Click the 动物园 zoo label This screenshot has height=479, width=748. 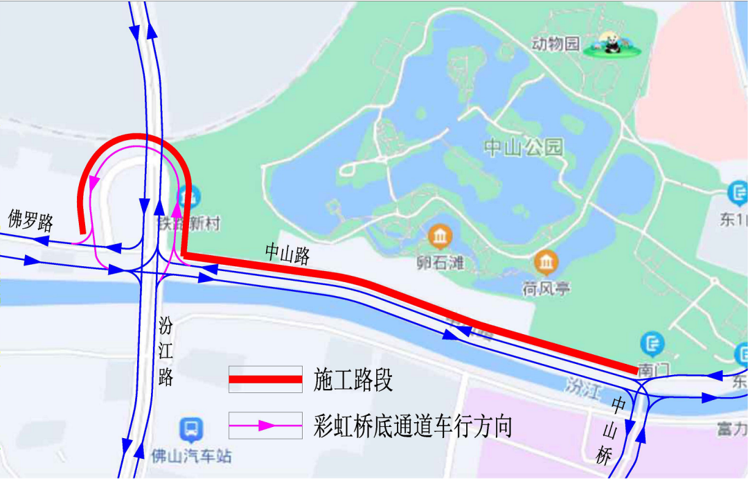point(555,44)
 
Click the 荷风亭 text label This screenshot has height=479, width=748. point(546,288)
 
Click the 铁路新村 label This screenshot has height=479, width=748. point(178,224)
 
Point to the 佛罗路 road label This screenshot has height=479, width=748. point(30,221)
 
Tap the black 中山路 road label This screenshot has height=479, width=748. point(287,254)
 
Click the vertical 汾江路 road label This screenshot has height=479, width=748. point(166,351)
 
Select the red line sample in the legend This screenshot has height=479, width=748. point(265,379)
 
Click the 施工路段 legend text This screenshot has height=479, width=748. point(353,379)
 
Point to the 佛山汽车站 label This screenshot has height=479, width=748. point(191,456)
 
